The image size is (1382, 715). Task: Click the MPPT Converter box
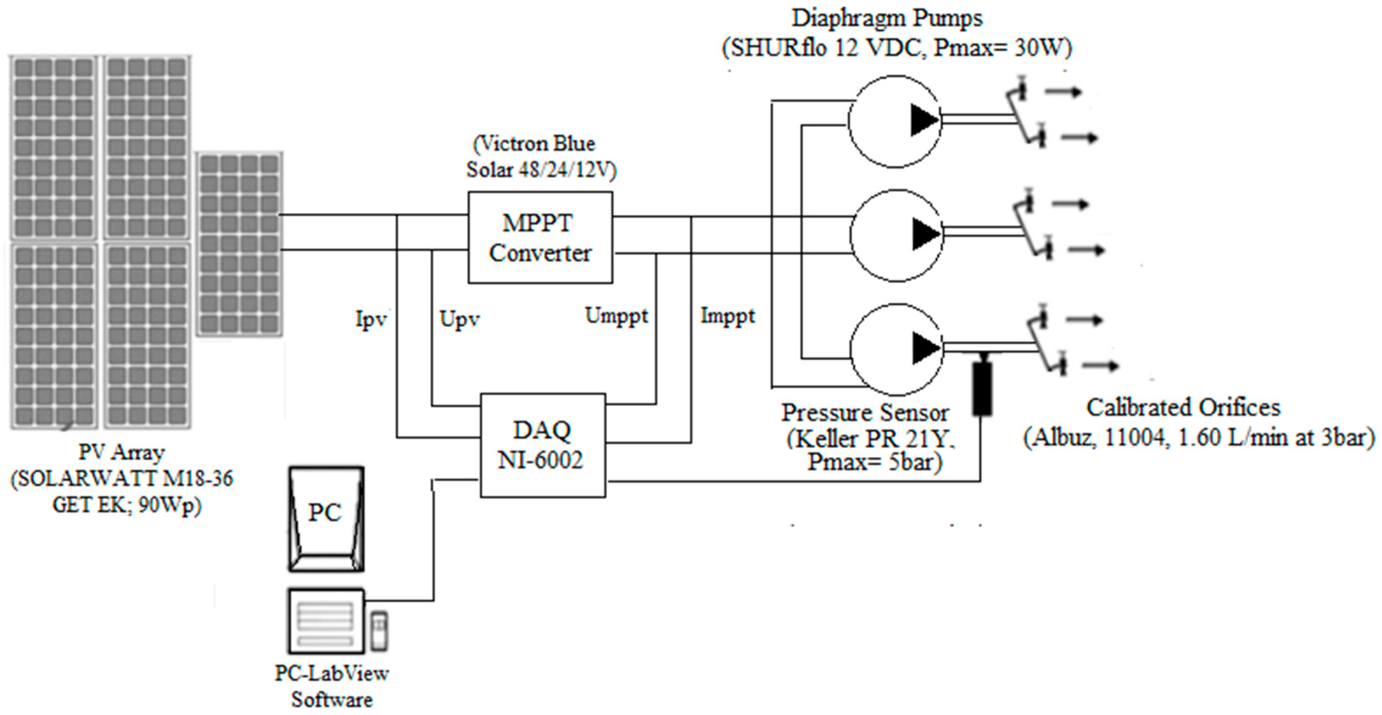click(540, 237)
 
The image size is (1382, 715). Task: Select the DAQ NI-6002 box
click(542, 445)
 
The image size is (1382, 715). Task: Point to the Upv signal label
click(459, 319)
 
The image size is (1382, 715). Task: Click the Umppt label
click(616, 316)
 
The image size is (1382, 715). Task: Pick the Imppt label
click(728, 316)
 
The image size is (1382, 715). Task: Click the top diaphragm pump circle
click(894, 121)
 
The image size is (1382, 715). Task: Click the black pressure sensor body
click(982, 389)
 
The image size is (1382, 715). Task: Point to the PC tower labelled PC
click(326, 519)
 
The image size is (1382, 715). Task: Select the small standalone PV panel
click(239, 244)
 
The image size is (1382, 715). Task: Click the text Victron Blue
click(534, 144)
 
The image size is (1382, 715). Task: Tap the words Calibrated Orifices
click(1183, 408)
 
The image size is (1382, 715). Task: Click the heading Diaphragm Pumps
click(887, 18)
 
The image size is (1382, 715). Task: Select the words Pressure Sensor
click(864, 413)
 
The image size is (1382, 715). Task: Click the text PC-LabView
click(332, 673)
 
